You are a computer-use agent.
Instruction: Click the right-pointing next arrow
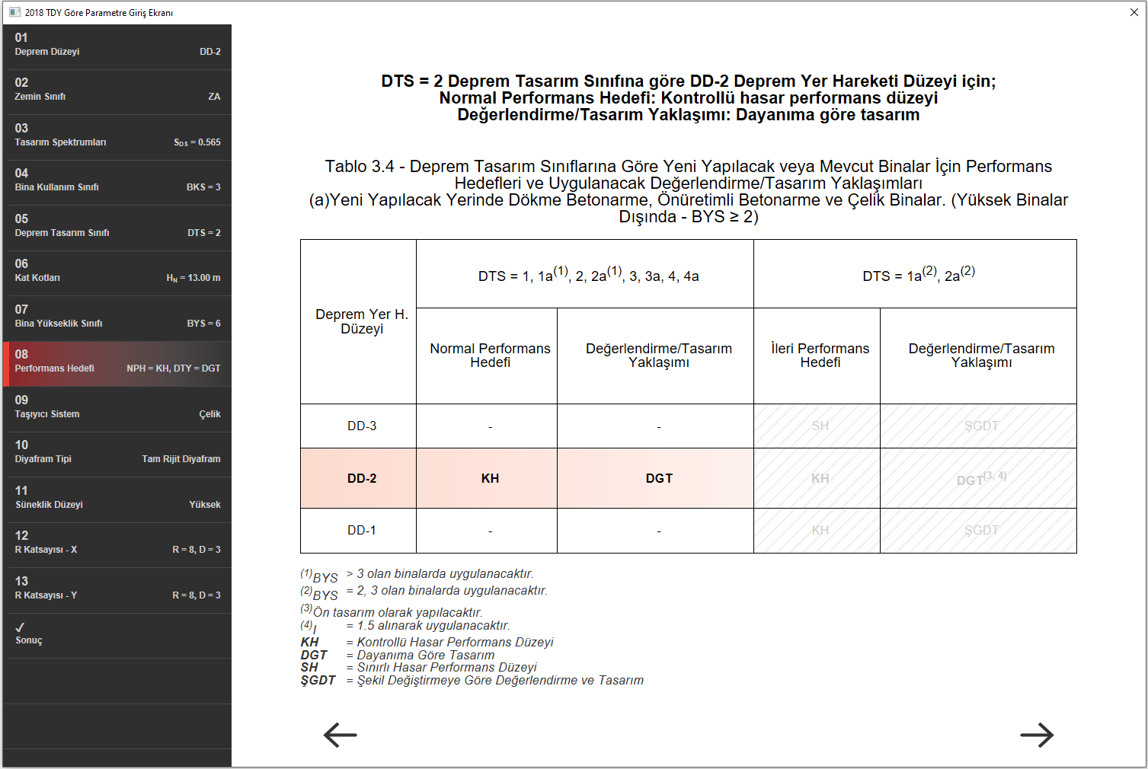coord(1037,735)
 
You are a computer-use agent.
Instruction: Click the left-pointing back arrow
coord(340,735)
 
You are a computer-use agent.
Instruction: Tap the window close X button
coord(1134,12)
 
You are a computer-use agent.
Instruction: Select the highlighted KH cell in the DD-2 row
coord(490,478)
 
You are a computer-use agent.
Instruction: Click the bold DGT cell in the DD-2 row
coord(659,478)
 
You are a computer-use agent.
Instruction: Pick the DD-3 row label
coord(362,426)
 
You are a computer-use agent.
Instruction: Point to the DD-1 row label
coord(362,530)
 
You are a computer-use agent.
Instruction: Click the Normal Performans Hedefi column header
coord(490,356)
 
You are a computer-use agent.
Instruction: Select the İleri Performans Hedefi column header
coord(820,356)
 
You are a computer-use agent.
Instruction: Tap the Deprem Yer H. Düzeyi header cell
coord(362,321)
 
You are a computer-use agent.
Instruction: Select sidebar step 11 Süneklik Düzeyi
coord(117,498)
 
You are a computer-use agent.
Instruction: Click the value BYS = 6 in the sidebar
coord(203,324)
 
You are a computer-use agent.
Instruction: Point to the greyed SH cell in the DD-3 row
coord(820,426)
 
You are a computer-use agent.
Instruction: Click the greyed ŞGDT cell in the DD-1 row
coord(981,530)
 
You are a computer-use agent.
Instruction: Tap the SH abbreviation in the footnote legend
coord(309,668)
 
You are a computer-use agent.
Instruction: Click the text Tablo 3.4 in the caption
coord(357,167)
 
